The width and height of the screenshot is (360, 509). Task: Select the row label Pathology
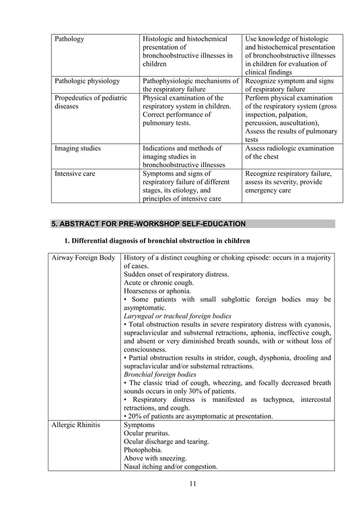69,39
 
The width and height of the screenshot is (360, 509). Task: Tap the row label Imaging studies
77,148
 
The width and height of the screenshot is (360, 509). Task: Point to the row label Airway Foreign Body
83,258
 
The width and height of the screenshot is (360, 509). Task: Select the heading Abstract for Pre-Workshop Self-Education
149,224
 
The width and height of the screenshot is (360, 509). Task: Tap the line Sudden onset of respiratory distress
176,274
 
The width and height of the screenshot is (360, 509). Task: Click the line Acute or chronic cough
159,283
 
